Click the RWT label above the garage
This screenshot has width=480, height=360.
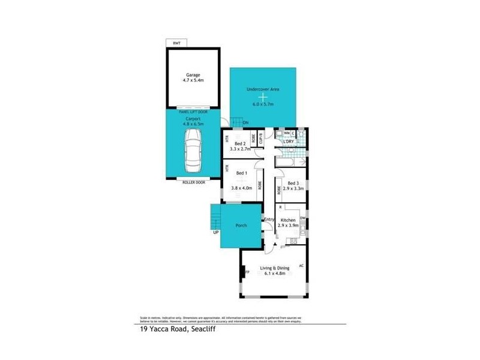(176, 43)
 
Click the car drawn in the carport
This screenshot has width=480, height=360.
(194, 152)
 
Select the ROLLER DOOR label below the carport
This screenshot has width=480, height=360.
(193, 182)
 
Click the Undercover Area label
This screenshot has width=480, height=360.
(263, 89)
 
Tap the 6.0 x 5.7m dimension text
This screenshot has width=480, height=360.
(263, 104)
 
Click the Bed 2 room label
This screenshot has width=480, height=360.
(240, 145)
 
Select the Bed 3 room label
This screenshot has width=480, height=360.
(293, 183)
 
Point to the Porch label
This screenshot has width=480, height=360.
(241, 226)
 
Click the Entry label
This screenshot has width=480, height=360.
(269, 220)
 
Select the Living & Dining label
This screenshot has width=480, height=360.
(273, 268)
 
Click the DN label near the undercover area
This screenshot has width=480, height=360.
(245, 124)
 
